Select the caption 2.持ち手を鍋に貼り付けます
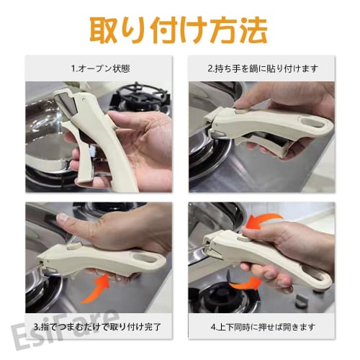point(261,69)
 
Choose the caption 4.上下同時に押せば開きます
point(261,325)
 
